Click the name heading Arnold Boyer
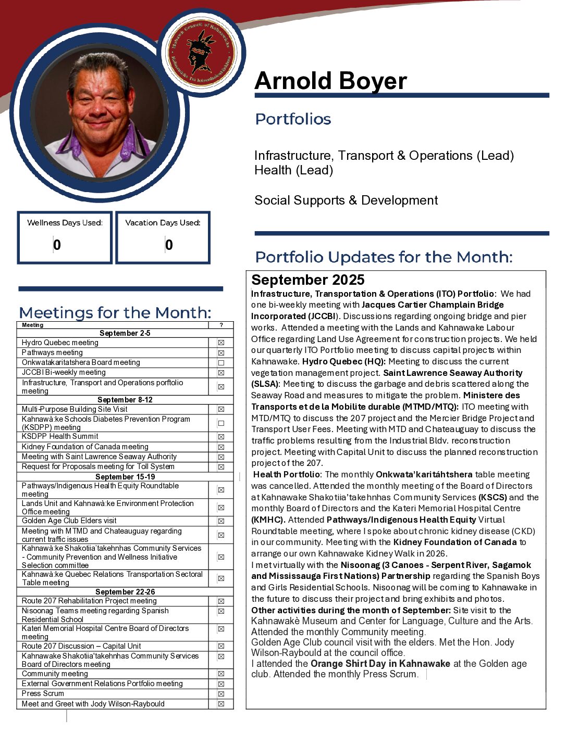(330, 81)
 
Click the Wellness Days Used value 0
(57, 245)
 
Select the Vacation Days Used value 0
(169, 245)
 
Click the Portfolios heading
(293, 119)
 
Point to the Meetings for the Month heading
(115, 313)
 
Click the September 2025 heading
(308, 280)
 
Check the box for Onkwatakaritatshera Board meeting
(221, 363)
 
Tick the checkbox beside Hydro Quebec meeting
(221, 343)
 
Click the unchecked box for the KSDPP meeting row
(221, 423)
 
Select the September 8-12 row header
(125, 400)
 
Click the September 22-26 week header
(125, 592)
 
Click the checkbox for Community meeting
(221, 674)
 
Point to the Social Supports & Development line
(346, 200)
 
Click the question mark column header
(221, 325)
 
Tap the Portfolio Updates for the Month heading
(384, 257)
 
